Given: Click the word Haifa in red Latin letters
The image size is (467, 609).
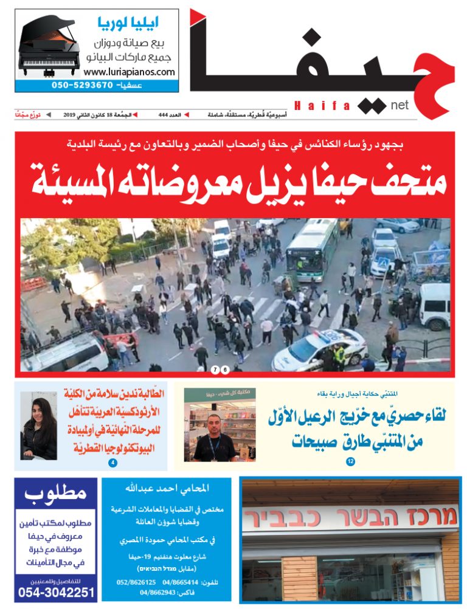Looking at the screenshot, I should pyautogui.click(x=322, y=106).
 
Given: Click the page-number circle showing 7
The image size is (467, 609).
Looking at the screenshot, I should pyautogui.click(x=215, y=370).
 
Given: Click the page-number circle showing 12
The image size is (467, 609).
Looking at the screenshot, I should pyautogui.click(x=350, y=462).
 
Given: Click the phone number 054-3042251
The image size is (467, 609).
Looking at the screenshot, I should pyautogui.click(x=56, y=592).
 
